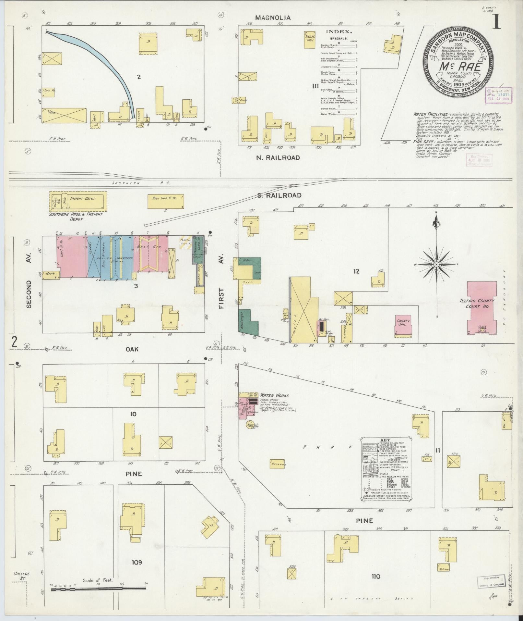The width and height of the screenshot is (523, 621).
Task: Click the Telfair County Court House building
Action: [481, 307]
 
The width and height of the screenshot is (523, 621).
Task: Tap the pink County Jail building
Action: [403, 325]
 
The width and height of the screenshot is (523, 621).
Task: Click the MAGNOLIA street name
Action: [273, 18]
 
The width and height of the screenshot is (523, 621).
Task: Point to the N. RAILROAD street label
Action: [278, 158]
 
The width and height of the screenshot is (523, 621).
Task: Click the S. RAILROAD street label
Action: [279, 195]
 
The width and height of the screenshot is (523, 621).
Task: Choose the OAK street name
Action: [132, 349]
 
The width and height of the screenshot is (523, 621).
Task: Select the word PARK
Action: [327, 447]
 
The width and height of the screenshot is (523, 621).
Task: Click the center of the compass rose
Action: [436, 265]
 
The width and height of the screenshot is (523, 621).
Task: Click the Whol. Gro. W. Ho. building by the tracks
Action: [166, 202]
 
